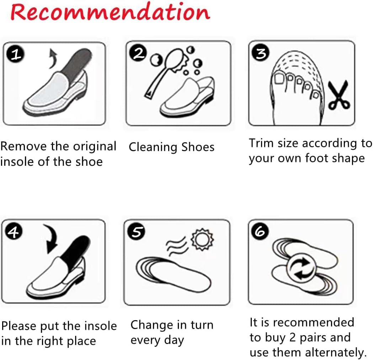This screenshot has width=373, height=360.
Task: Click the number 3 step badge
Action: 261,53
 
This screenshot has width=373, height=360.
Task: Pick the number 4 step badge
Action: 14,232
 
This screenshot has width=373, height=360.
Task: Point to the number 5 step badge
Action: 137,232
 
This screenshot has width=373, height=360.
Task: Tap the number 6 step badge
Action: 260,232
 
